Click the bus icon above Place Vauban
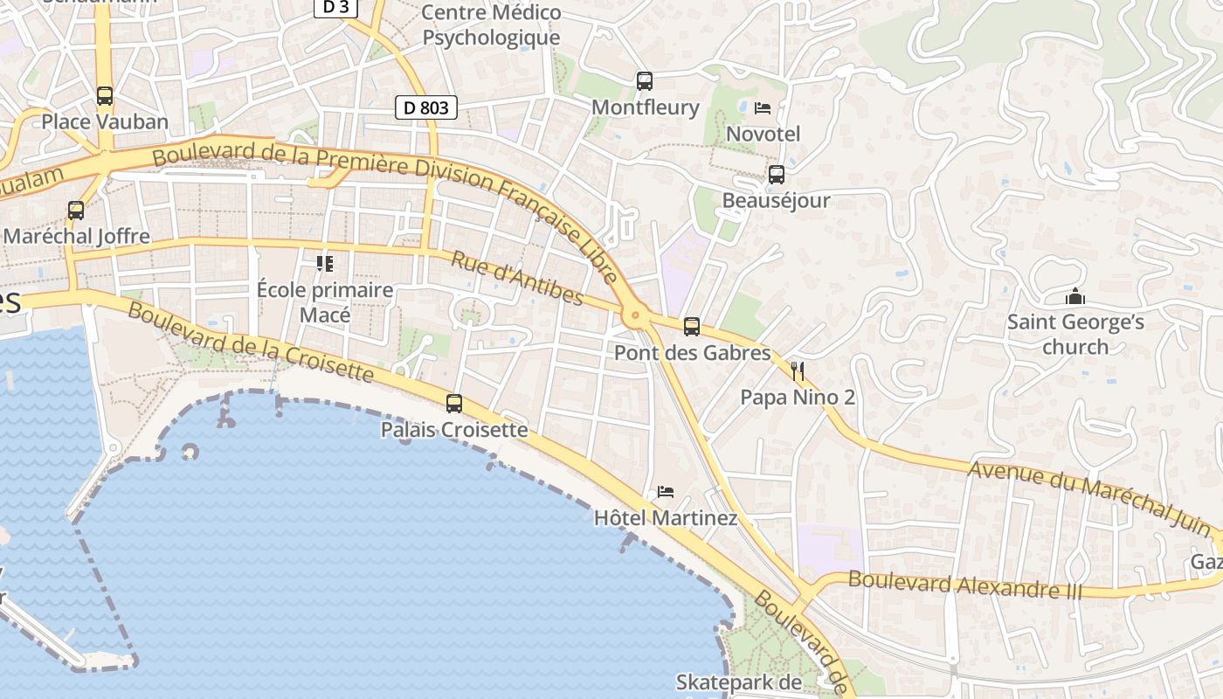point(105,95)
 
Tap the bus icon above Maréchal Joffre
point(76,210)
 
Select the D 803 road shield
point(426,107)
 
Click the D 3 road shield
point(336,7)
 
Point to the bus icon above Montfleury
point(645,80)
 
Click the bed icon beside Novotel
point(763,108)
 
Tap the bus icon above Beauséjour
point(776,174)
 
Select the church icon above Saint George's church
point(1075,297)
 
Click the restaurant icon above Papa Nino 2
point(797,371)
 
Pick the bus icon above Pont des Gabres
point(692,327)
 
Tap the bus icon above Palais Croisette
point(454,403)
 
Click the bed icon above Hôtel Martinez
point(666,492)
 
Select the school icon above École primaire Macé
point(325,263)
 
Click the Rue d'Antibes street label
point(517,278)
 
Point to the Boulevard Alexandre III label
point(964,585)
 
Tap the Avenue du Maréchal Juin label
point(1092,495)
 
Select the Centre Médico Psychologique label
point(491,25)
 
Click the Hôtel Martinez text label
point(666,518)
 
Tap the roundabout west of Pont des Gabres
point(635,315)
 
